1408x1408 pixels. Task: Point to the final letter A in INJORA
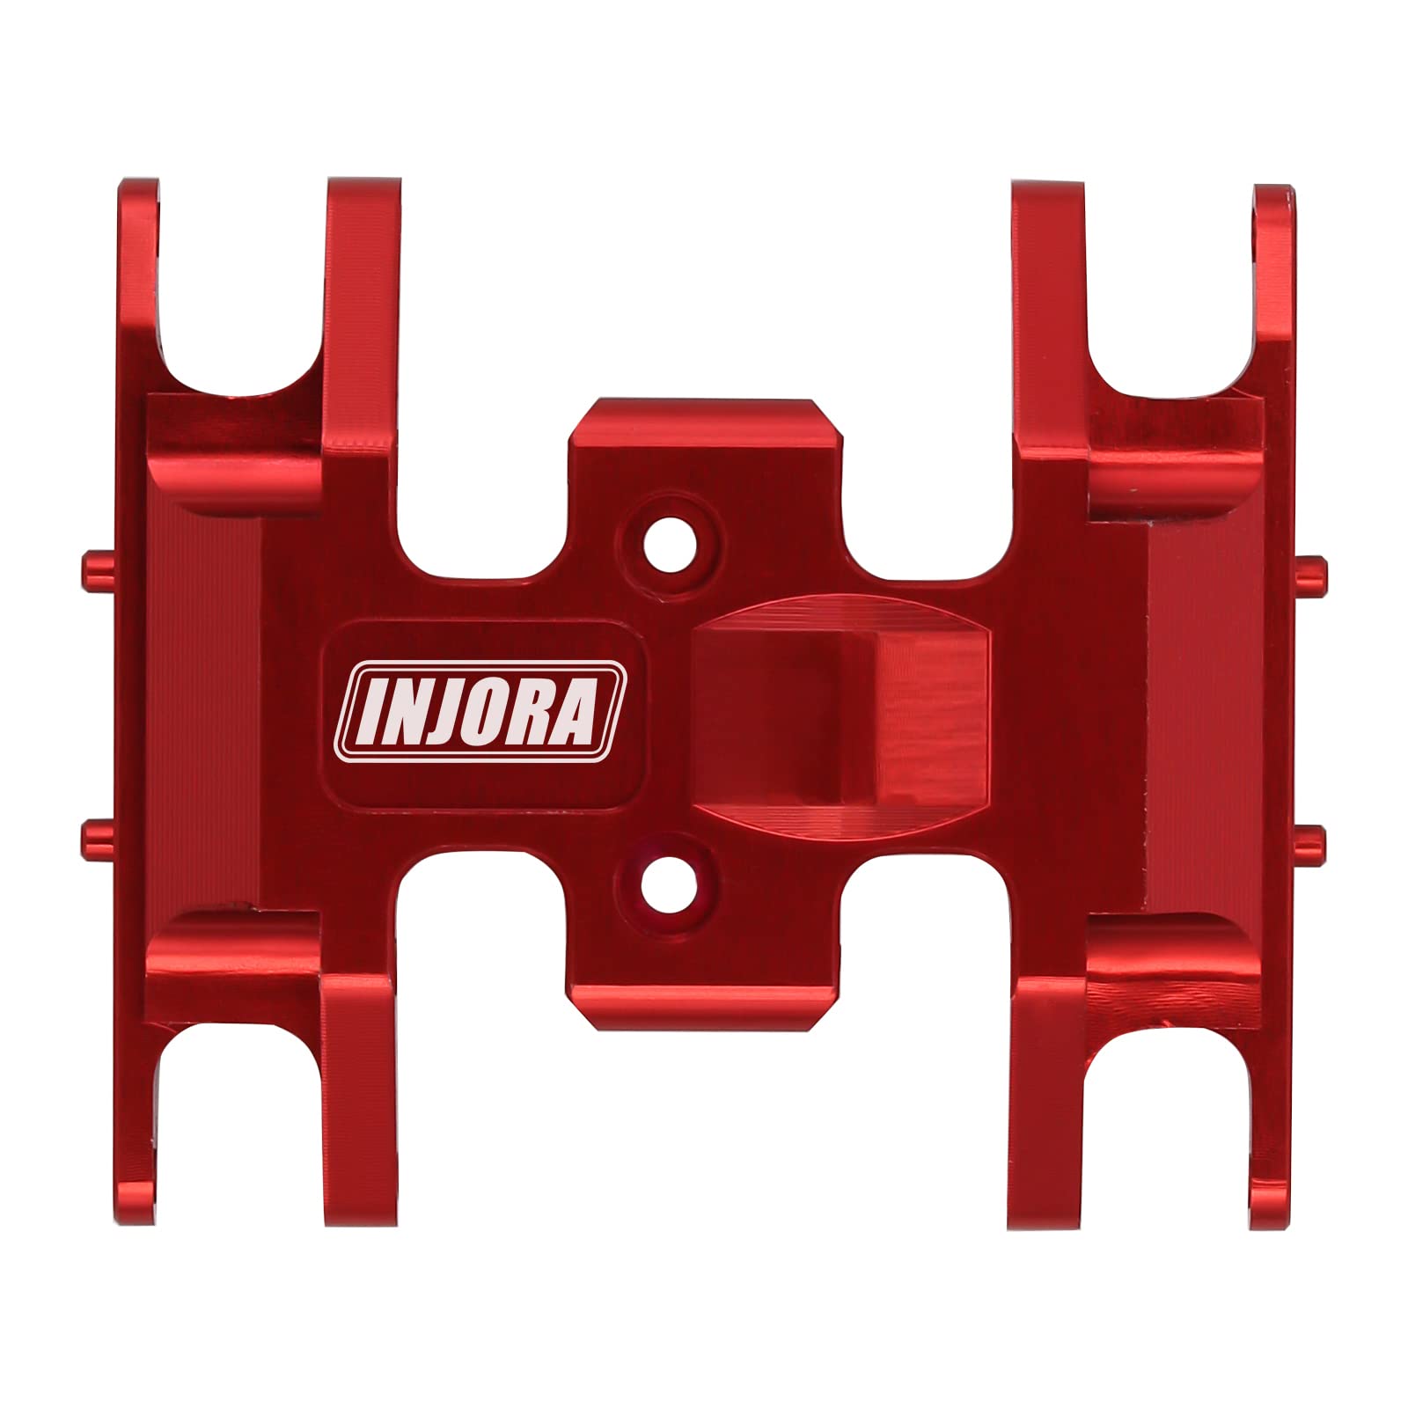pyautogui.click(x=575, y=711)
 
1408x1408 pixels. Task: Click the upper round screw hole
pyautogui.click(x=671, y=545)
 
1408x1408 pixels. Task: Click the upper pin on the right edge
pyautogui.click(x=1311, y=574)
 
